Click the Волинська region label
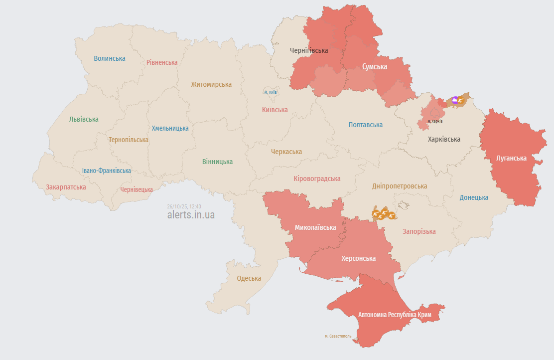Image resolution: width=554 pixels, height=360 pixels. tap(110, 58)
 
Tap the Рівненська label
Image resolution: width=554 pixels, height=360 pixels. tap(162, 62)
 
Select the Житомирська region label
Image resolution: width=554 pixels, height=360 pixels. tap(211, 84)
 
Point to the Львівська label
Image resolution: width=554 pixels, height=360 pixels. tap(84, 119)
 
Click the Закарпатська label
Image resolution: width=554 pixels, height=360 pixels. tap(66, 187)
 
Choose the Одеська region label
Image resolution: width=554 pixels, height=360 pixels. tap(249, 279)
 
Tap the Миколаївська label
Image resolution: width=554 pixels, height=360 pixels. tap(315, 227)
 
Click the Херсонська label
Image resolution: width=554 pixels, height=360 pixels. tap(358, 258)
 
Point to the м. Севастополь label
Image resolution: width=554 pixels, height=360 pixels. tap(338, 336)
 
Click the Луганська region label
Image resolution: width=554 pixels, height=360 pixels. tap(511, 158)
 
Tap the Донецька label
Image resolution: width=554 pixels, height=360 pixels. tap(474, 197)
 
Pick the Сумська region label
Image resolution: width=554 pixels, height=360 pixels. tap(375, 66)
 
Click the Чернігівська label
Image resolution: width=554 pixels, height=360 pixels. tap(309, 50)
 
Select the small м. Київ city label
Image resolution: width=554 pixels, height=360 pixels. tap(271, 92)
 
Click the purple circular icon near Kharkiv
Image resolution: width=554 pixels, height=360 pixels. tap(455, 100)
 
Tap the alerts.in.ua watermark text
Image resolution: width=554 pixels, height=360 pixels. tap(191, 215)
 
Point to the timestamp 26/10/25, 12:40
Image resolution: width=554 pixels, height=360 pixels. tap(184, 206)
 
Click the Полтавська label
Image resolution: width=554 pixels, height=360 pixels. tap(366, 125)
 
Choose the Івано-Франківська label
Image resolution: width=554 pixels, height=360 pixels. tap(107, 171)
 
